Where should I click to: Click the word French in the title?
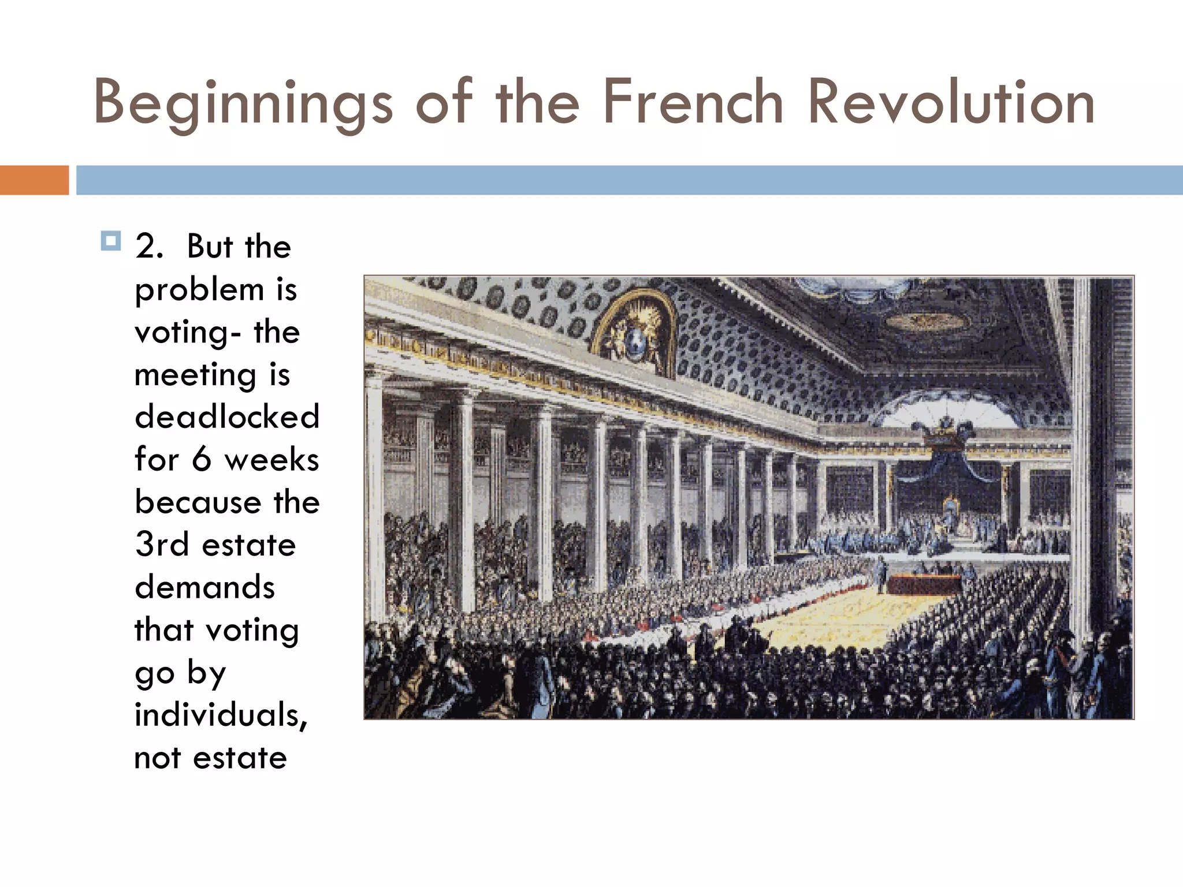(x=693, y=103)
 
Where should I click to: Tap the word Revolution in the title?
(x=951, y=103)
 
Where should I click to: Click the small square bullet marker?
(x=110, y=241)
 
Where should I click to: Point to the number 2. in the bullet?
(x=150, y=247)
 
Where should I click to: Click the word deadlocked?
(x=227, y=417)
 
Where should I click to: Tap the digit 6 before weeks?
(x=202, y=460)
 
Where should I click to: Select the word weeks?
(x=272, y=460)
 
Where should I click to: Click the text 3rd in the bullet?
(x=162, y=545)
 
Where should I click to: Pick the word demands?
(x=205, y=587)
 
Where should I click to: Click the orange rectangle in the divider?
(x=34, y=180)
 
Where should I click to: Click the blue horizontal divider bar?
(x=629, y=180)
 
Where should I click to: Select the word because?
(x=198, y=502)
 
